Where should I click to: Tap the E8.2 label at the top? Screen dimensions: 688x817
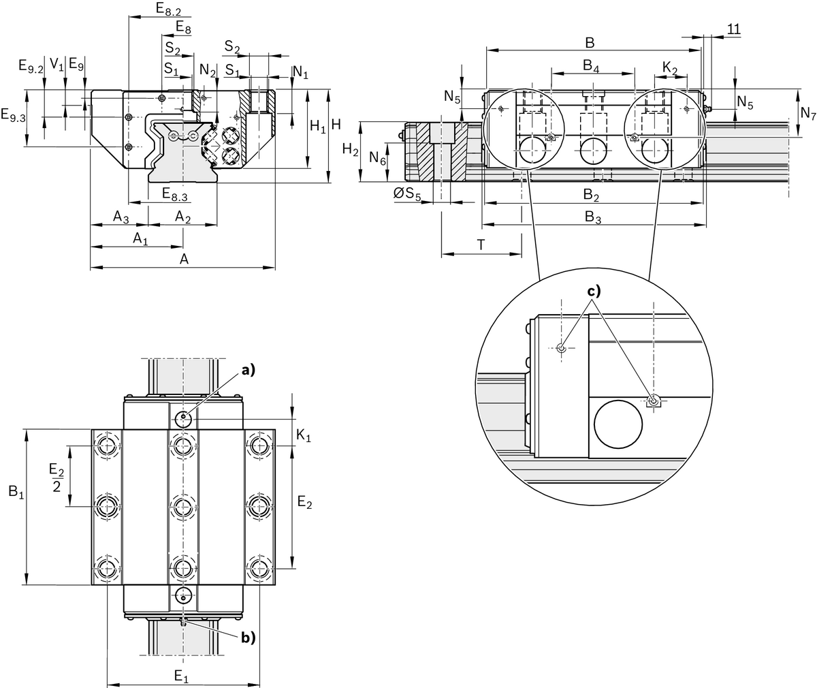click(x=168, y=9)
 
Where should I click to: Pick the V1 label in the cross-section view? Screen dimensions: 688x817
click(x=58, y=65)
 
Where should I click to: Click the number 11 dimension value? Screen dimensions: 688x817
click(x=733, y=29)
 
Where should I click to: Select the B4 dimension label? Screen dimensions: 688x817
click(x=591, y=66)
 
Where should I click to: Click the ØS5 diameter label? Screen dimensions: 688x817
click(x=408, y=194)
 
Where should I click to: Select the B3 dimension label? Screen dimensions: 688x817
click(x=593, y=217)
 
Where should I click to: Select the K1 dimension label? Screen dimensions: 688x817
click(x=304, y=437)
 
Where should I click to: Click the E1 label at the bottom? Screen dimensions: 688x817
click(x=180, y=676)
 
